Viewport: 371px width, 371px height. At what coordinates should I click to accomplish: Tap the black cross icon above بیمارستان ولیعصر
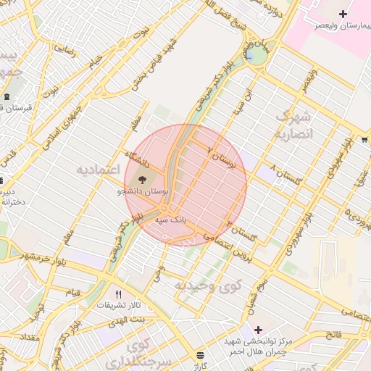click(342, 14)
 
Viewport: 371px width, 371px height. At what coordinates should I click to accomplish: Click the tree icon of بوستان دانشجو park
click(141, 178)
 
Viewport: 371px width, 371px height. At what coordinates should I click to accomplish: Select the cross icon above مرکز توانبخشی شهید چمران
click(258, 330)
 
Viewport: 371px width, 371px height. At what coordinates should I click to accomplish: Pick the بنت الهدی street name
click(128, 320)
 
